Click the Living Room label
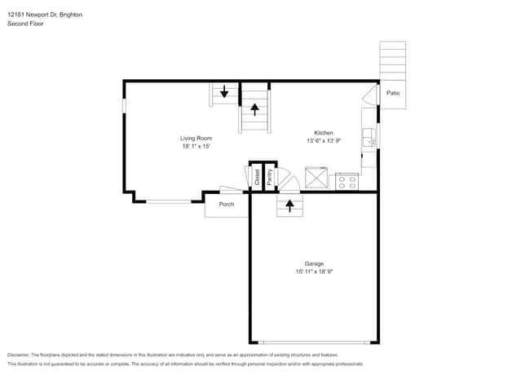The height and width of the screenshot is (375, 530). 196,138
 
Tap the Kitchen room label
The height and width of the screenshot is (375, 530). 324,133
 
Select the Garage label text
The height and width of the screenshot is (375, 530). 314,263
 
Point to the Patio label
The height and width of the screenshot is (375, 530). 393,94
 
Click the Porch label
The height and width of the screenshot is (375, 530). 227,205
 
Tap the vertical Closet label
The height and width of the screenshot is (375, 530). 257,177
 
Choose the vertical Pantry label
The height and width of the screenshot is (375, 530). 269,177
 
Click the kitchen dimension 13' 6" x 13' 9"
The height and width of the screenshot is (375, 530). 324,141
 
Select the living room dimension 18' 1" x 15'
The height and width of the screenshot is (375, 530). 196,147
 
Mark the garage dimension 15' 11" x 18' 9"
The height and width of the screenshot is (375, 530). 314,271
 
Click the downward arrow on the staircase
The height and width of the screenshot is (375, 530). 224,91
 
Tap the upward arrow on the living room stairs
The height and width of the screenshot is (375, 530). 254,107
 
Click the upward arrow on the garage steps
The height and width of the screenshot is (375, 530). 289,205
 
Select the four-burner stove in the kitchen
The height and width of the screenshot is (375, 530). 347,181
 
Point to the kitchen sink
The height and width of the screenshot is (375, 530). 368,138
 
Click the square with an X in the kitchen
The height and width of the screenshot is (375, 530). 316,178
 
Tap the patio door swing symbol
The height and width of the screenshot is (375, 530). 369,94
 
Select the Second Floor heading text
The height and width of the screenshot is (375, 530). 25,24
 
